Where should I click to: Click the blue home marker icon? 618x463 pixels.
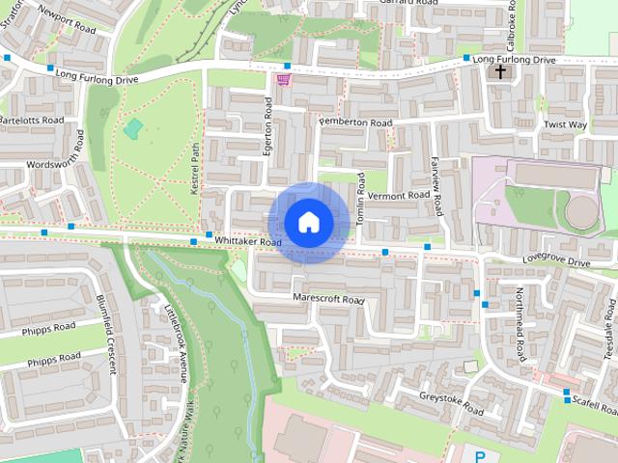point(308,222)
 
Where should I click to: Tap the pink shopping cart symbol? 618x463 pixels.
point(284,79)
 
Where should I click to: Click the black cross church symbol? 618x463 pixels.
point(500,71)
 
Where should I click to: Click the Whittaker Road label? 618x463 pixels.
point(248,241)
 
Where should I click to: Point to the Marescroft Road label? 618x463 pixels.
point(329,299)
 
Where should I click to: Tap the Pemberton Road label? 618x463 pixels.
point(355,123)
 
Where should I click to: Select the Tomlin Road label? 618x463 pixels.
point(362,200)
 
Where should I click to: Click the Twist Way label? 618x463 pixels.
point(565,125)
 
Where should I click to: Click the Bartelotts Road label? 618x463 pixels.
point(32,121)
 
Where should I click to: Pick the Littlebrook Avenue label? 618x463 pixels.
point(175,340)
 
